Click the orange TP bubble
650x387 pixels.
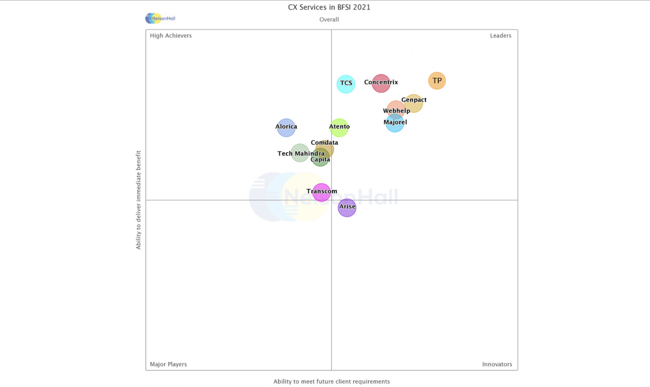click(437, 81)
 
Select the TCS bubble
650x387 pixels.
click(346, 84)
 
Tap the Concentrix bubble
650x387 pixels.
click(381, 83)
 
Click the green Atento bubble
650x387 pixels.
click(339, 128)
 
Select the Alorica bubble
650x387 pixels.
click(286, 127)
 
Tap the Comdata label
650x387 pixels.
click(324, 142)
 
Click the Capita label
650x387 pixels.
click(320, 160)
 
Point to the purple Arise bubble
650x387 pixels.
click(347, 208)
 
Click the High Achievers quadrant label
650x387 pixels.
click(170, 35)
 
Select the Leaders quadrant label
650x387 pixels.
click(500, 35)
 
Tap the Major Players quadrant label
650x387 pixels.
click(168, 364)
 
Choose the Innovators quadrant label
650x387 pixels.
click(497, 364)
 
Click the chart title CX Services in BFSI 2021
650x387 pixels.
click(329, 7)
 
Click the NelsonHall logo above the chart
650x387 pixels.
click(160, 18)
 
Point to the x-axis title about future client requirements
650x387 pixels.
click(331, 382)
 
